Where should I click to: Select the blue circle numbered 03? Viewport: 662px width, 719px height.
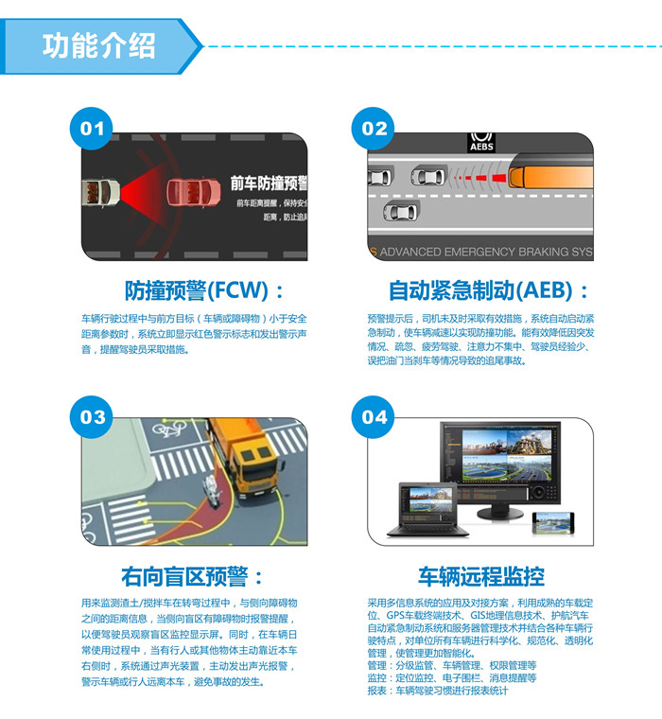93,416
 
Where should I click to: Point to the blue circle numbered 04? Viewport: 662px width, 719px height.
375,416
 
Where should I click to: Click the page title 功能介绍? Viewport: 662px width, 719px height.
97,45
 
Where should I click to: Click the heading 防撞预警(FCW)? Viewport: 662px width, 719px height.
203,289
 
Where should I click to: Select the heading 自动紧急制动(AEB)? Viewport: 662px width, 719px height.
490,289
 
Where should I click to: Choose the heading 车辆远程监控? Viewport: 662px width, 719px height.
481,575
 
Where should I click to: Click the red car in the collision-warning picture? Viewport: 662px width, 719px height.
193,193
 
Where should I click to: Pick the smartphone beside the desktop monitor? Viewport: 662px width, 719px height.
553,523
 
